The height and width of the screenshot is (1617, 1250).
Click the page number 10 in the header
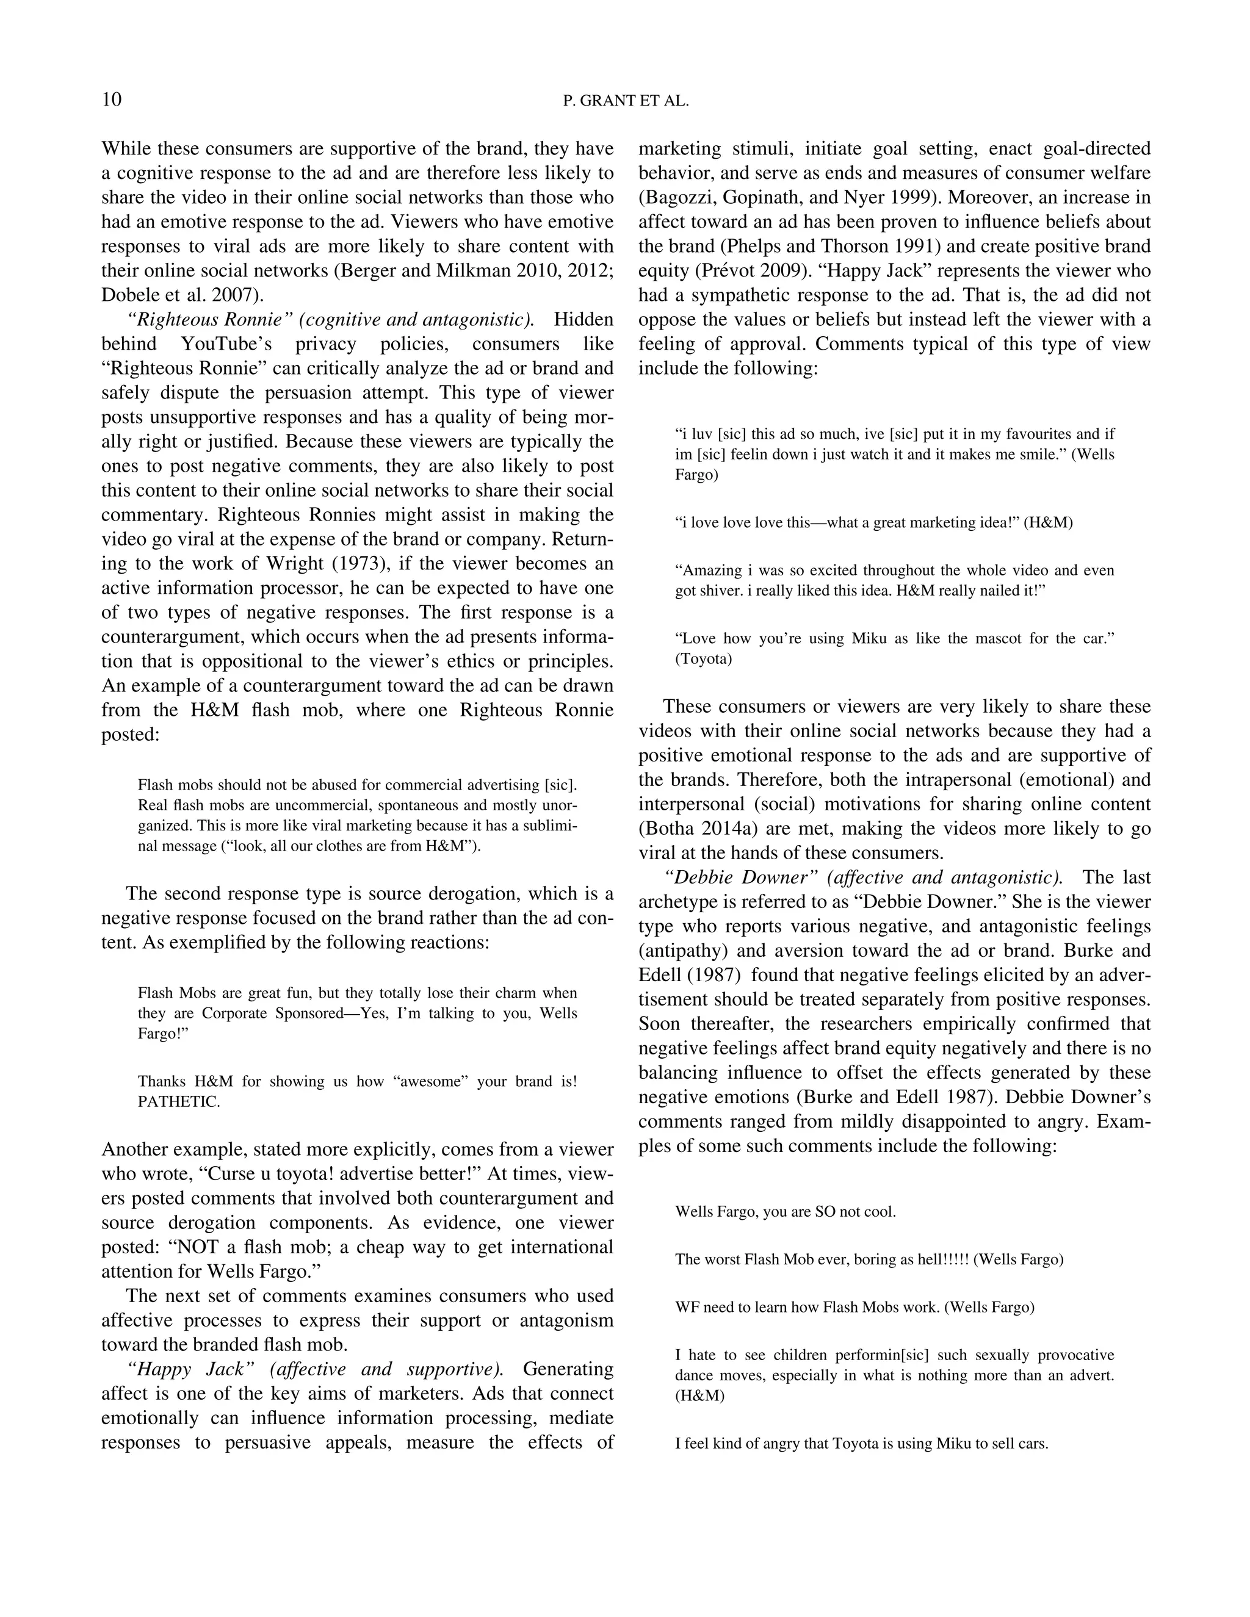click(x=112, y=100)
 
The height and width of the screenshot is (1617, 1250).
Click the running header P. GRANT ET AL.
click(x=626, y=101)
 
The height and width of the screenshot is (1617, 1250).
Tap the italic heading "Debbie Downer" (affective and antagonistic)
click(x=864, y=877)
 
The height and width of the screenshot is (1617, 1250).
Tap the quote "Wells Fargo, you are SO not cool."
click(x=785, y=1212)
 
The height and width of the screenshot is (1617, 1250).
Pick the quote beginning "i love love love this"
click(x=874, y=523)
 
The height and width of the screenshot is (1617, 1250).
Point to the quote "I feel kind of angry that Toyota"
click(x=861, y=1444)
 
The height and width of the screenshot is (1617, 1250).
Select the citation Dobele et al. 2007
click(x=181, y=295)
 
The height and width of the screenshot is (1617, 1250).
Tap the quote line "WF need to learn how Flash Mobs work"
click(x=854, y=1308)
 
